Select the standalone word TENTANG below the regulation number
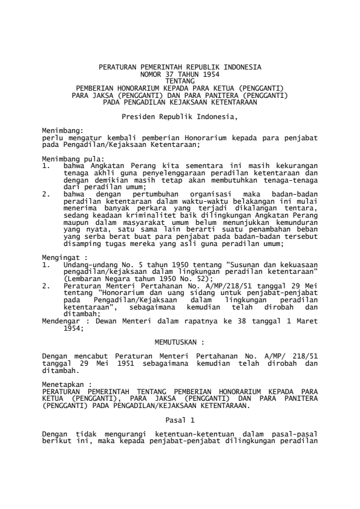pos(180,79)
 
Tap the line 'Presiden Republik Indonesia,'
pos(180,114)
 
